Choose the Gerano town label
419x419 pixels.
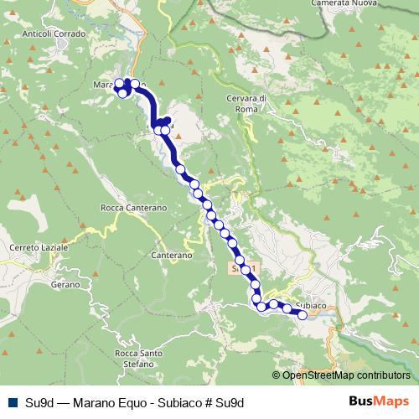64,285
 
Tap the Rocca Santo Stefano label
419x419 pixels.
138,358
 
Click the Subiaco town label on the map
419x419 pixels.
310,305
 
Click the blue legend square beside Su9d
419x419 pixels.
13,402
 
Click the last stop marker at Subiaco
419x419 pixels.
303,315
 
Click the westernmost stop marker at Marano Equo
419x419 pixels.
119,83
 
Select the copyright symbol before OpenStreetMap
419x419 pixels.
277,375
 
